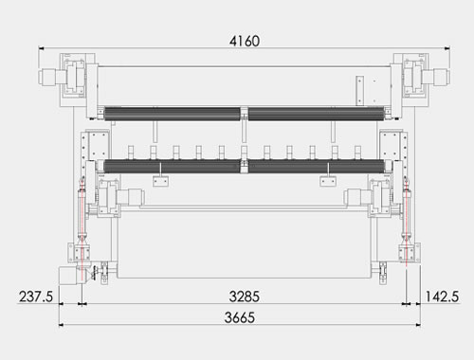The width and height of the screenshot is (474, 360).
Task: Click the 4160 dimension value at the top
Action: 245,41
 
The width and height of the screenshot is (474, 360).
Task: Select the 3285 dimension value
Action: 245,297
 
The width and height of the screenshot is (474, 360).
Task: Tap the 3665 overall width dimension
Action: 240,317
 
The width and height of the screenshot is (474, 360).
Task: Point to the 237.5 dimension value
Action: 36,297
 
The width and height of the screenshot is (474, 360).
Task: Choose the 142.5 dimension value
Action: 442,297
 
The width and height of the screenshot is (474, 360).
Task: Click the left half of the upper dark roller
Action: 173,114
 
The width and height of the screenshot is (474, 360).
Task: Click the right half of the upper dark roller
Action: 317,114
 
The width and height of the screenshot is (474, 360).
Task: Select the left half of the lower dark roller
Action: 172,166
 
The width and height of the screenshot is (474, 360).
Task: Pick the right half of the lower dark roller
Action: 317,166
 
